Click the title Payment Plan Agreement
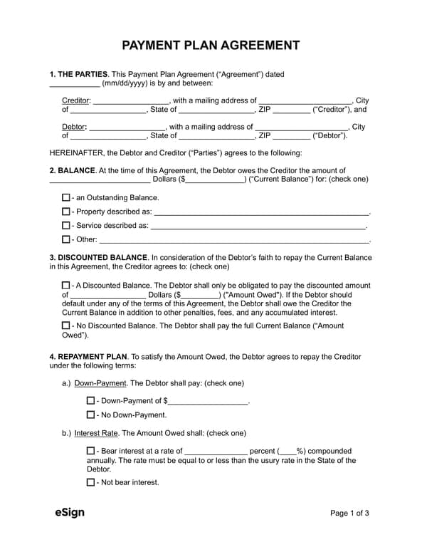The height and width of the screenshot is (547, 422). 211,46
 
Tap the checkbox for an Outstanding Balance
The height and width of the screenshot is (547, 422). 66,197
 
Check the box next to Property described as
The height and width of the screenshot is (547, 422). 66,212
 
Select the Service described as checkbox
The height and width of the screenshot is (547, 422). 66,225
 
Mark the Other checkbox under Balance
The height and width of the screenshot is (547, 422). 66,239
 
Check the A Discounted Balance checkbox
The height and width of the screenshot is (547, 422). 66,286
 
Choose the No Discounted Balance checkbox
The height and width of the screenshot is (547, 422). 66,325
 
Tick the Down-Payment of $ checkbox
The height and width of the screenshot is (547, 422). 90,401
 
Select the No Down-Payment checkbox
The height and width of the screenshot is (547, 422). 90,415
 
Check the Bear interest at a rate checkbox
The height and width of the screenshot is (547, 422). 90,451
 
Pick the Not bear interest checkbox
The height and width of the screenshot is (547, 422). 90,482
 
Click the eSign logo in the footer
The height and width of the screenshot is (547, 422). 70,513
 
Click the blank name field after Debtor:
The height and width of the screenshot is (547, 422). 127,127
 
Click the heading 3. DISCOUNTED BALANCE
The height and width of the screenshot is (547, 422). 98,257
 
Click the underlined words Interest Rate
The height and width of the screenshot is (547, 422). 96,433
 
